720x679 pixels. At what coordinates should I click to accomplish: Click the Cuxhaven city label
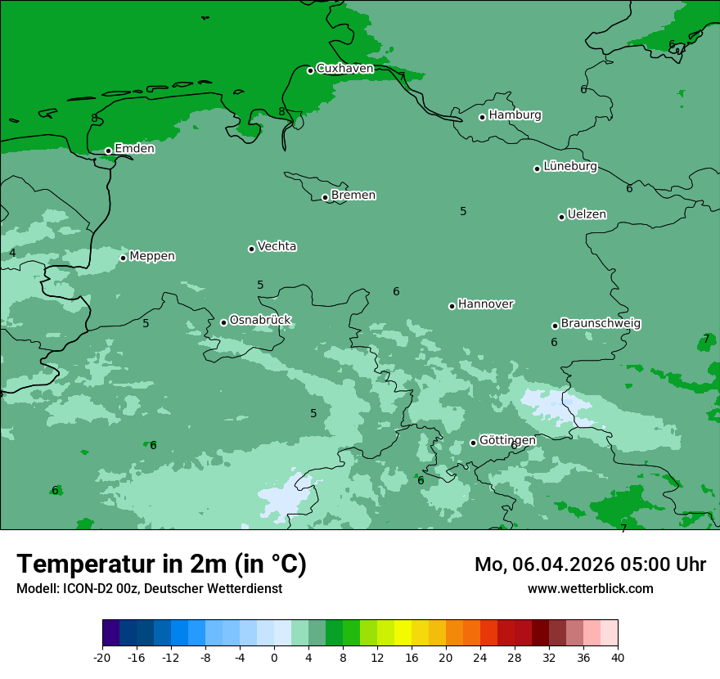point(344,69)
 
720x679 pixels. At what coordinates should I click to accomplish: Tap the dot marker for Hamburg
point(483,117)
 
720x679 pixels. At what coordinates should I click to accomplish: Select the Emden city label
point(134,149)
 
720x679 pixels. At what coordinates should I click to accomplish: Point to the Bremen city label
point(353,196)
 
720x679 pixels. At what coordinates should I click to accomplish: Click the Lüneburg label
point(570,167)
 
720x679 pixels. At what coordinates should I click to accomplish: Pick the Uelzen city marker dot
point(561,217)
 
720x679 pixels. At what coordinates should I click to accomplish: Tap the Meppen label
point(152,256)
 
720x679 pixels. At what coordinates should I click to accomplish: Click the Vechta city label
point(277,246)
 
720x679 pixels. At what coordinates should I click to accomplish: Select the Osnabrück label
point(260,320)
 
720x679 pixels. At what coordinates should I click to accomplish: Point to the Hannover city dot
point(452,306)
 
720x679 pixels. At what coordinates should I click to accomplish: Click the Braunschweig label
point(601,324)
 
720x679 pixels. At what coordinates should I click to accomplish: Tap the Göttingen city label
point(507,440)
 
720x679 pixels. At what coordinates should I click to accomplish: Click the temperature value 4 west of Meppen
point(12,253)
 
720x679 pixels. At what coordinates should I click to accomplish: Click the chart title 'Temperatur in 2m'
point(161,564)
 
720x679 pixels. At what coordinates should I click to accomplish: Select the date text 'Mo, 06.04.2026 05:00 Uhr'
point(590,564)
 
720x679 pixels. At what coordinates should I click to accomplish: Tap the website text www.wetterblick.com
point(590,588)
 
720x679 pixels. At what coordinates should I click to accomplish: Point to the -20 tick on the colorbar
point(102,657)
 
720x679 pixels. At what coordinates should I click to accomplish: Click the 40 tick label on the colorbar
point(618,657)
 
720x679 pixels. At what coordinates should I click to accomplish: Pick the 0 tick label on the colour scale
point(274,657)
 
